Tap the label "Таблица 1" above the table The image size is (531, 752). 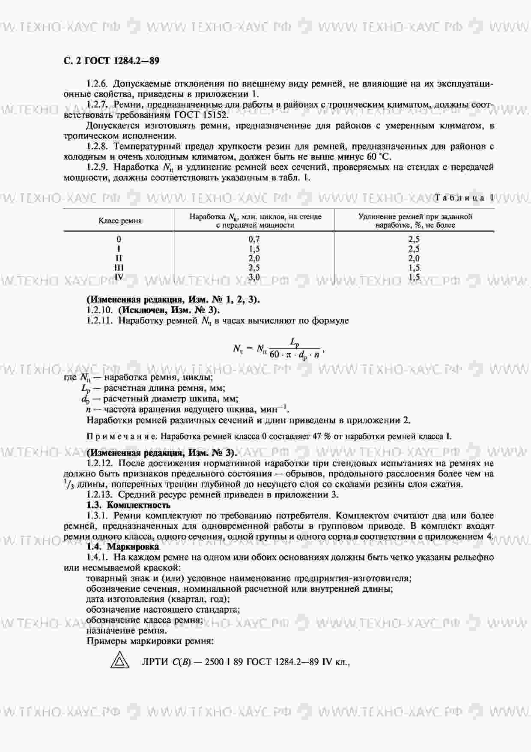pyautogui.click(x=464, y=198)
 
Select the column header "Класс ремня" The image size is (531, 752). pyautogui.click(x=120, y=221)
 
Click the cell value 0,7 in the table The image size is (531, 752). pyautogui.click(x=254, y=240)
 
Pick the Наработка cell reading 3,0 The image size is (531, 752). pyautogui.click(x=254, y=277)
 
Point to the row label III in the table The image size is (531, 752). pyautogui.click(x=119, y=268)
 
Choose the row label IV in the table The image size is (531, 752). pyautogui.click(x=119, y=277)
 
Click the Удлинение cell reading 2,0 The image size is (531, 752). pyautogui.click(x=414, y=258)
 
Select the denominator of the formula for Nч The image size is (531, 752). pyautogui.click(x=295, y=355)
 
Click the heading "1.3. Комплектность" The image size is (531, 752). pyautogui.click(x=128, y=505)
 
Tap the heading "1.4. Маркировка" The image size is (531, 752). pyautogui.click(x=122, y=547)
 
